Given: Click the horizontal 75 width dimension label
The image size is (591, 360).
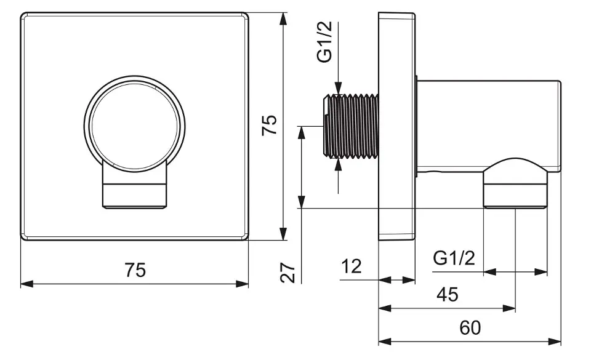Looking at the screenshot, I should (135, 270).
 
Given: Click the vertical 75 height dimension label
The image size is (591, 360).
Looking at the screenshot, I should (268, 126).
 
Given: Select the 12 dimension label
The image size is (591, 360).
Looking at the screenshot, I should (352, 267).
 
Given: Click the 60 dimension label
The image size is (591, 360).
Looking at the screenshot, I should (470, 328).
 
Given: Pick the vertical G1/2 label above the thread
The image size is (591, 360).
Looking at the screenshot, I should (324, 42).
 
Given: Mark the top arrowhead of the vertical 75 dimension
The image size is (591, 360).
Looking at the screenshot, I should (283, 18).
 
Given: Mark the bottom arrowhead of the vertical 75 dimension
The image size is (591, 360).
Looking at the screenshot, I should (283, 234).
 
